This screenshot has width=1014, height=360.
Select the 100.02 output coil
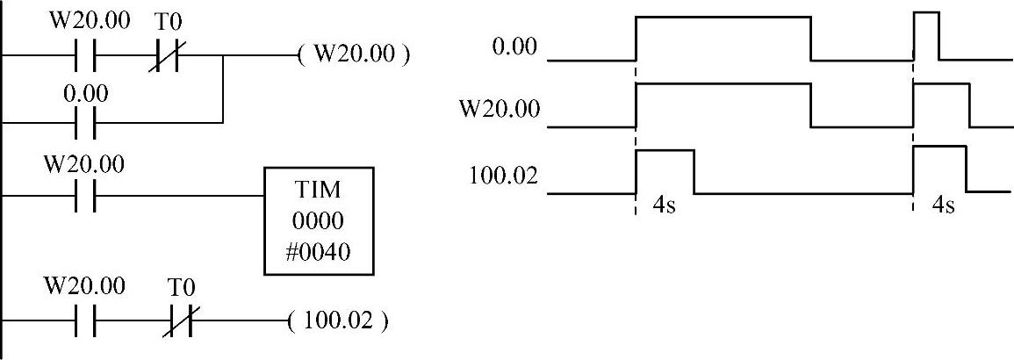point(337,320)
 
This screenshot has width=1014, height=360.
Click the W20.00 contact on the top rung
point(85,54)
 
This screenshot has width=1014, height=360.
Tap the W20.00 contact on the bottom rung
point(85,320)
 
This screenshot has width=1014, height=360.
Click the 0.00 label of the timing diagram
point(514,47)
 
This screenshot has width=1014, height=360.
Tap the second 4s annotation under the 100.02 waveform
point(942,208)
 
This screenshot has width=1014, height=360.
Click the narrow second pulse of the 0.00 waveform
point(926,35)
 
